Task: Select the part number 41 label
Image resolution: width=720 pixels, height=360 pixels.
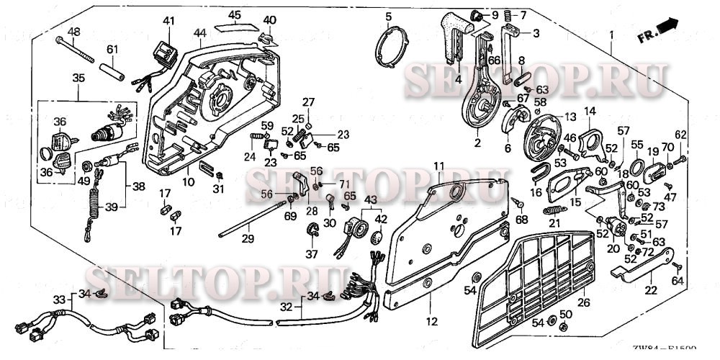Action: pyautogui.click(x=168, y=20)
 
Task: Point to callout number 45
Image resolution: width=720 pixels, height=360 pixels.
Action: pyautogui.click(x=235, y=14)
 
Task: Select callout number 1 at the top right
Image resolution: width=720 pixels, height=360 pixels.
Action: pyautogui.click(x=611, y=34)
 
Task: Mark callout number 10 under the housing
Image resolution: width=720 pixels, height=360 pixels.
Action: pyautogui.click(x=187, y=182)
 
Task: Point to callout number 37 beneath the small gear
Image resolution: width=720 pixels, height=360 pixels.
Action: pyautogui.click(x=312, y=254)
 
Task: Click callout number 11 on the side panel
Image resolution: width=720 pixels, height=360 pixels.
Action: pyautogui.click(x=439, y=167)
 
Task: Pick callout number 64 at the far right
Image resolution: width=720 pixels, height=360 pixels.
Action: pyautogui.click(x=677, y=281)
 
